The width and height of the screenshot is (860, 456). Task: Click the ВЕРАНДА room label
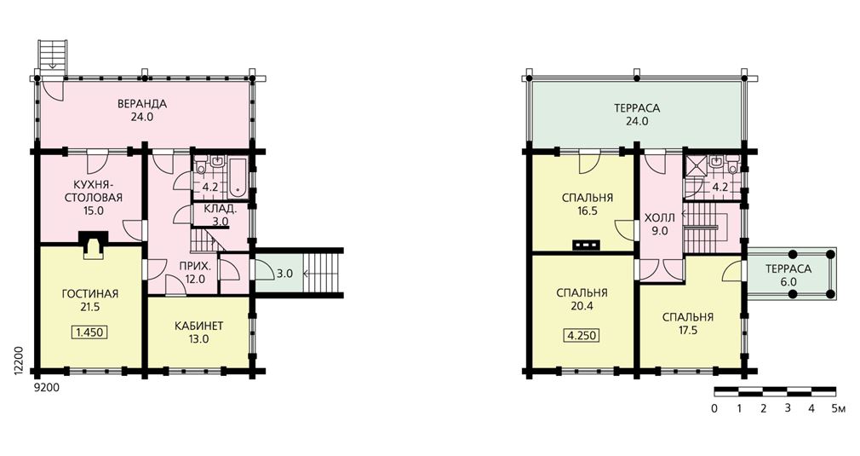point(142,104)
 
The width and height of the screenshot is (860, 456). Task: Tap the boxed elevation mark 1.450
point(89,332)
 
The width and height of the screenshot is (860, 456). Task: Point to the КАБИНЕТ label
point(198,326)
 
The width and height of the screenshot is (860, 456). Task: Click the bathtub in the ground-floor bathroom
point(238,176)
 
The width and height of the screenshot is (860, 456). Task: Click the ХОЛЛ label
point(660,218)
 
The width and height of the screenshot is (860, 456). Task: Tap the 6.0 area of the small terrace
point(788,282)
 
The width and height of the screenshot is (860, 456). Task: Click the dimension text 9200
point(47,388)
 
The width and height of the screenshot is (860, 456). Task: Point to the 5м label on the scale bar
point(838,408)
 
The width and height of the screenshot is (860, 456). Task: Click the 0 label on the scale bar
point(714,408)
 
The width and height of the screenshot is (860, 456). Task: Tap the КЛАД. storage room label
point(221,209)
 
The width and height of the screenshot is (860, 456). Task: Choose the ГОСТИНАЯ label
point(90,294)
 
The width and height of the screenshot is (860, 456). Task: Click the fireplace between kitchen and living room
point(93,245)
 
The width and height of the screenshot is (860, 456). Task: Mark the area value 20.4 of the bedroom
point(582,306)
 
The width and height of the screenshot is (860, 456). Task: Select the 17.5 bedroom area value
point(688,331)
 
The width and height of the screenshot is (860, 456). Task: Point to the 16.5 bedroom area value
point(587,211)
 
